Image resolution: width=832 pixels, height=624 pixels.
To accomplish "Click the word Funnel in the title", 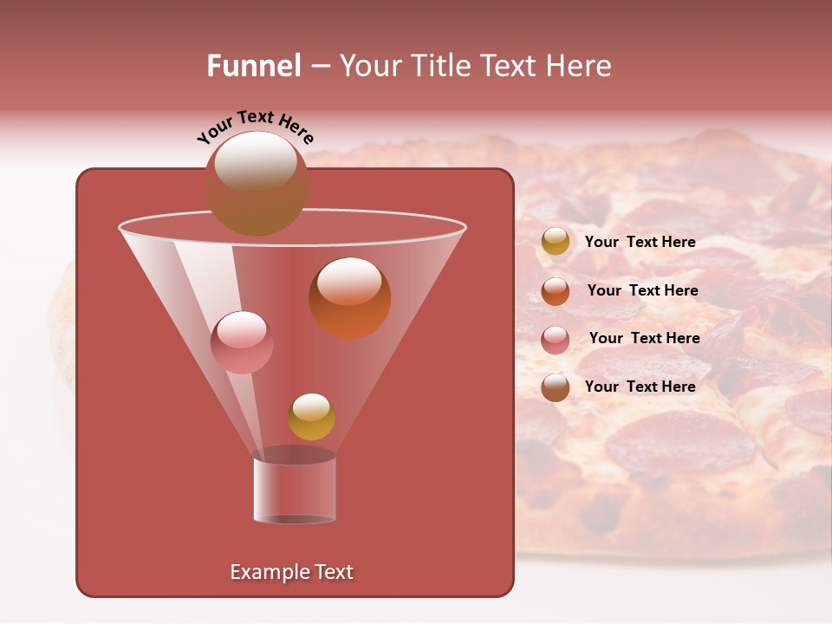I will (x=253, y=66).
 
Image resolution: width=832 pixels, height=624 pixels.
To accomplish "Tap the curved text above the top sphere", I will (x=256, y=126).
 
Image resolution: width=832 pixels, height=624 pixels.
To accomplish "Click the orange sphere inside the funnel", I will (x=350, y=299).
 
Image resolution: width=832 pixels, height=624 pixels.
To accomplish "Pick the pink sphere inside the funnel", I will (x=242, y=342).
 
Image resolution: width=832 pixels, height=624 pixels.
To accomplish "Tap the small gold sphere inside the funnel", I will (x=311, y=417).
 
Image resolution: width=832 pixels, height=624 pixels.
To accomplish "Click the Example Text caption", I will (x=291, y=572).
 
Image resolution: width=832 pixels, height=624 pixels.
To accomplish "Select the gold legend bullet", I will (x=556, y=242).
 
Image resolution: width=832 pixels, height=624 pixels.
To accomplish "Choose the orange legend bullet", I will (x=556, y=291).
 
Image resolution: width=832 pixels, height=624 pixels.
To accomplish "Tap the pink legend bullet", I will (x=556, y=339).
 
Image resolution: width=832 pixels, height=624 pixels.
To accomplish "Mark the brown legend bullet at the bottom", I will (x=556, y=387).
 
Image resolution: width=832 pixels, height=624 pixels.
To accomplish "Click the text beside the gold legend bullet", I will (x=640, y=242).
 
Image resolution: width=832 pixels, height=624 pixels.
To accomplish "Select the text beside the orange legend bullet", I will (x=642, y=290).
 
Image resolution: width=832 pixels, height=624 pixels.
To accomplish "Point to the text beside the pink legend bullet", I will (x=644, y=338).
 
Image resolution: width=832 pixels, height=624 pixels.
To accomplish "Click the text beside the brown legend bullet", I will (x=640, y=387).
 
